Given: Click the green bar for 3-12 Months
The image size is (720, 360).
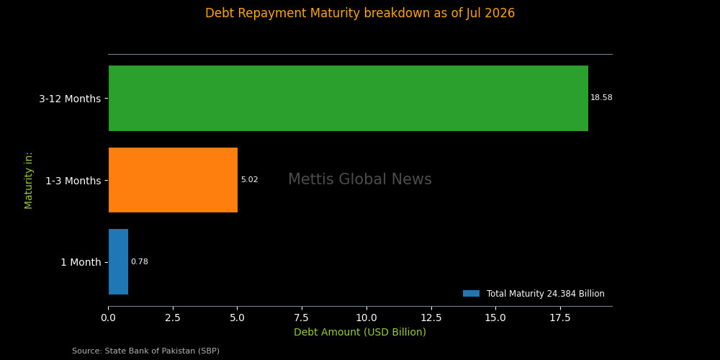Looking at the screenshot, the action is (x=348, y=98).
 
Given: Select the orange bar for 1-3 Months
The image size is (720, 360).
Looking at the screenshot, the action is (x=173, y=180).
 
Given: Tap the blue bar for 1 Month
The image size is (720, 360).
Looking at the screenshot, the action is (x=118, y=262).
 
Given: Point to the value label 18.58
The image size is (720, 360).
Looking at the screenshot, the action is (x=601, y=98).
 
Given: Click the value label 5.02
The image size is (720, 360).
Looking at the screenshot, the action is (x=249, y=180).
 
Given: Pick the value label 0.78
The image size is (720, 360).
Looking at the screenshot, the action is (x=139, y=262).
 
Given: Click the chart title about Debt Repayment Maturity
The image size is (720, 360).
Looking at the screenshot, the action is (x=360, y=13).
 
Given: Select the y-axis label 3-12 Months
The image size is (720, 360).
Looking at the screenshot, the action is (x=70, y=99).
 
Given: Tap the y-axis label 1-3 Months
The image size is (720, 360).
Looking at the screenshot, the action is (x=73, y=181).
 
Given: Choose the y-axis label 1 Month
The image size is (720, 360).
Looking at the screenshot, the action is (x=81, y=263).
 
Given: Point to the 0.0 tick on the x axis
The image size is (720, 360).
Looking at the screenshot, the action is (x=109, y=318).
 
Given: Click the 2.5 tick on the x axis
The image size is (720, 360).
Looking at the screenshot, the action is (x=173, y=318).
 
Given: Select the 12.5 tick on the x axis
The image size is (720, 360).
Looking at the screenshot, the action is (x=431, y=318).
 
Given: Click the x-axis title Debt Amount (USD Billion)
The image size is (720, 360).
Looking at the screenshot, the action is (x=360, y=332).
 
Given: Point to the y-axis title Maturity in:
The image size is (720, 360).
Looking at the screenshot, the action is (x=29, y=181).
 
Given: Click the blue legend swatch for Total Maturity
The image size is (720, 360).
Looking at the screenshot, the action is (x=471, y=294).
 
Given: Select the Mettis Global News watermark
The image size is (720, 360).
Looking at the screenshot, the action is (x=360, y=179).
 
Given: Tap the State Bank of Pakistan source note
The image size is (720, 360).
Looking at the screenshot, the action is (x=146, y=351).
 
